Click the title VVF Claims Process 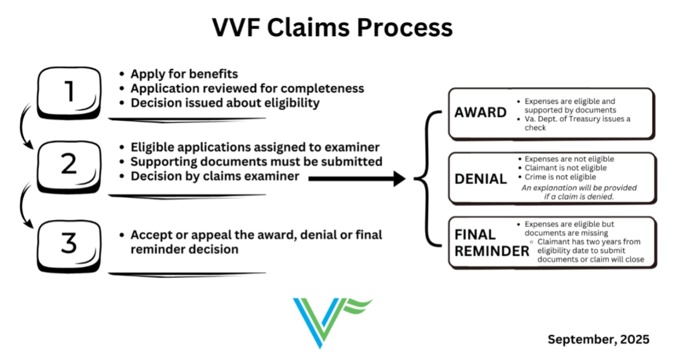coord(332,27)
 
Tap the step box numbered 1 coord(70,91)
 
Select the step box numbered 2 coord(70,165)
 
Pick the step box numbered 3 coord(70,244)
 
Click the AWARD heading coord(480,113)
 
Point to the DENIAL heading coord(481,179)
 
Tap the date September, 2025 coord(598,340)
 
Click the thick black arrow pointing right coord(356,179)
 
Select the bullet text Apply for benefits coord(184,74)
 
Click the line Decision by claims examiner coord(215,176)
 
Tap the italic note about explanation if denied coord(579,192)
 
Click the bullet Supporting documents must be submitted coord(256,162)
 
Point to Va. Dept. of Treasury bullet coord(577,123)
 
